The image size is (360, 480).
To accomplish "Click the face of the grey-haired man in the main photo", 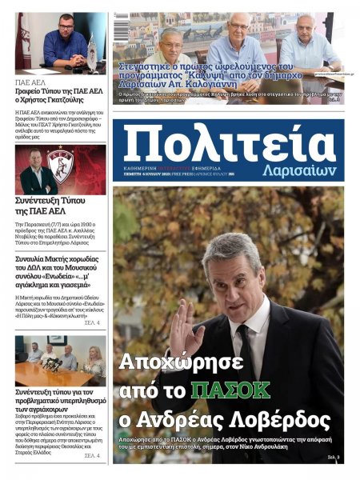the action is tap(232, 273).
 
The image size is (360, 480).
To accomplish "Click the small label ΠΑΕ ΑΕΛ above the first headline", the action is tap(31, 81).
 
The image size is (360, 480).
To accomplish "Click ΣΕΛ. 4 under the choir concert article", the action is tap(91, 322).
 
